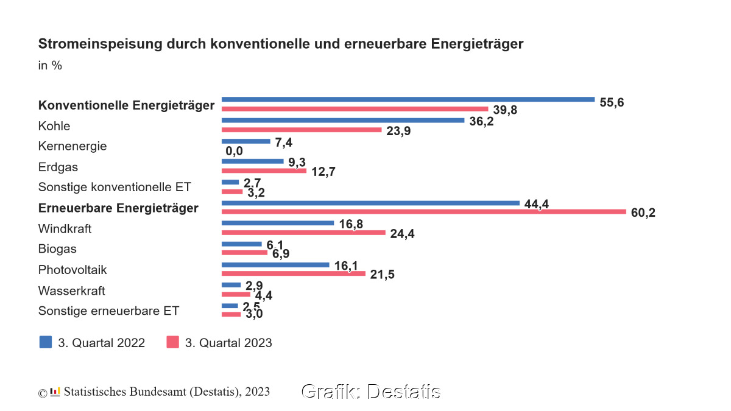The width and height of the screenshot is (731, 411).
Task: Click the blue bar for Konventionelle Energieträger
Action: tap(408, 99)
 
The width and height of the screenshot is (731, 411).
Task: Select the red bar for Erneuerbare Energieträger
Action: tap(424, 212)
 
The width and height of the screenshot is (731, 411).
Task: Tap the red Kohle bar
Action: tap(302, 130)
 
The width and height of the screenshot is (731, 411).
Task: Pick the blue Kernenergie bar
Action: tap(246, 141)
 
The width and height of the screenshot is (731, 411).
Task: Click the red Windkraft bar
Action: tap(303, 233)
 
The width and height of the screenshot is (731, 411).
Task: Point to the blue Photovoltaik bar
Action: tap(275, 265)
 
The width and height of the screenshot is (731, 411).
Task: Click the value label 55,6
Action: tap(612, 102)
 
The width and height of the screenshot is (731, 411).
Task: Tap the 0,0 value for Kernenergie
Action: tap(235, 151)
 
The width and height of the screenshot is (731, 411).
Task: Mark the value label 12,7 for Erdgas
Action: tap(324, 172)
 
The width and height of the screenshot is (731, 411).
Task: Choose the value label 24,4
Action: tap(402, 234)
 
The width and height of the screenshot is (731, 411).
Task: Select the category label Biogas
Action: tap(57, 249)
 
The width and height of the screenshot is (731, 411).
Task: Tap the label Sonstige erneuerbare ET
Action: tap(108, 311)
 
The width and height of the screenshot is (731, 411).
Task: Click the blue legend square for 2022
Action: tap(46, 342)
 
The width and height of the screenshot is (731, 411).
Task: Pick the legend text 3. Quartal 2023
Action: tap(228, 343)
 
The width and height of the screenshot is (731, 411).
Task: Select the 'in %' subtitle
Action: tap(50, 65)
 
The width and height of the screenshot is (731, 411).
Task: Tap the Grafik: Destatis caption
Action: tap(370, 392)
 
